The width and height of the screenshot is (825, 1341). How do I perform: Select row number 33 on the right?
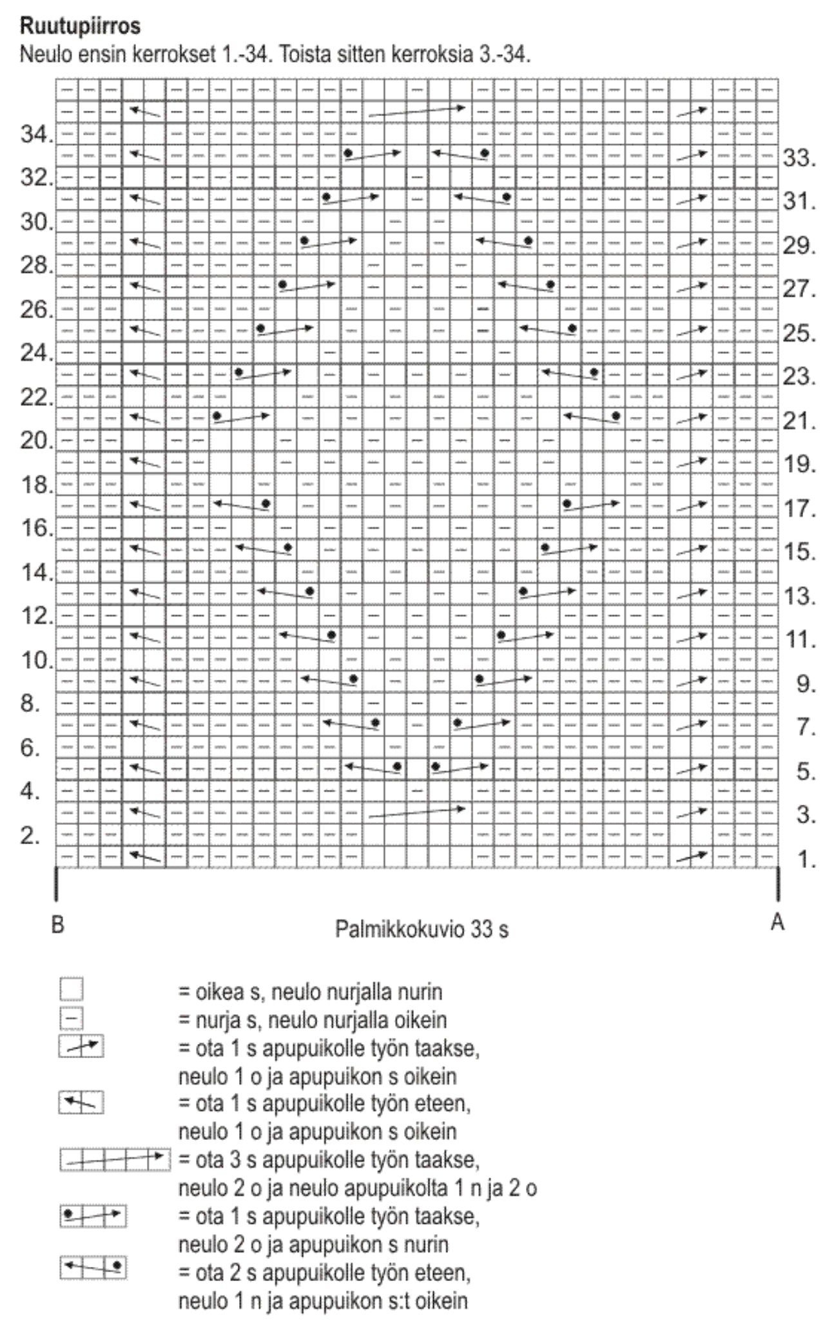(800, 158)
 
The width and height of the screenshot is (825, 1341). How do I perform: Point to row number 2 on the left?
(31, 836)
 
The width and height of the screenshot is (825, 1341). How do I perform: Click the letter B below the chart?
(57, 925)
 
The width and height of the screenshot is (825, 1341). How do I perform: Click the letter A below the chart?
(777, 922)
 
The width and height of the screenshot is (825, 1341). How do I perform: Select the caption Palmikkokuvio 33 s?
(422, 929)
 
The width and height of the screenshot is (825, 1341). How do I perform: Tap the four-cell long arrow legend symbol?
(115, 1159)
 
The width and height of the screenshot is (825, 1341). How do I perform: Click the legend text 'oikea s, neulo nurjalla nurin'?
(310, 992)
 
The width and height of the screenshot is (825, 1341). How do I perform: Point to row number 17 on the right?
(800, 509)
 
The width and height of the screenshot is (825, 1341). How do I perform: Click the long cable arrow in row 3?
(416, 813)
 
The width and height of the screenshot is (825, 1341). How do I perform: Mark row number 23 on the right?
(800, 377)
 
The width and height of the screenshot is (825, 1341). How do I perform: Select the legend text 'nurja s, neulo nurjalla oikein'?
(312, 1020)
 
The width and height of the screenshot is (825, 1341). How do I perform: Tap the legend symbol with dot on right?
(93, 1268)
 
